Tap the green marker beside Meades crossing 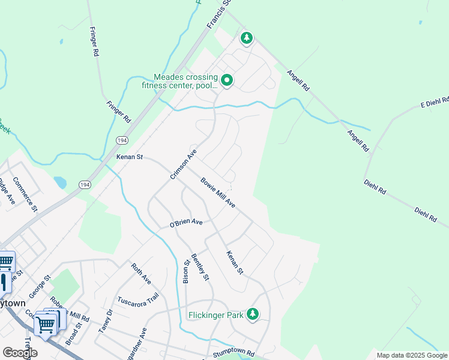pyautogui.click(x=227, y=80)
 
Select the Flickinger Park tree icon pyautogui.click(x=253, y=314)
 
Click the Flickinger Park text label pyautogui.click(x=215, y=315)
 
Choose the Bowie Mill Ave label pyautogui.click(x=218, y=193)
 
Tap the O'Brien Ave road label pyautogui.click(x=186, y=224)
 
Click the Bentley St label pyautogui.click(x=200, y=268)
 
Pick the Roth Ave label pyautogui.click(x=142, y=272)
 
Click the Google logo pyautogui.click(x=20, y=352)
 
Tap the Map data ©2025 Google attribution pyautogui.click(x=411, y=356)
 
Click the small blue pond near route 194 pyautogui.click(x=60, y=182)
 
